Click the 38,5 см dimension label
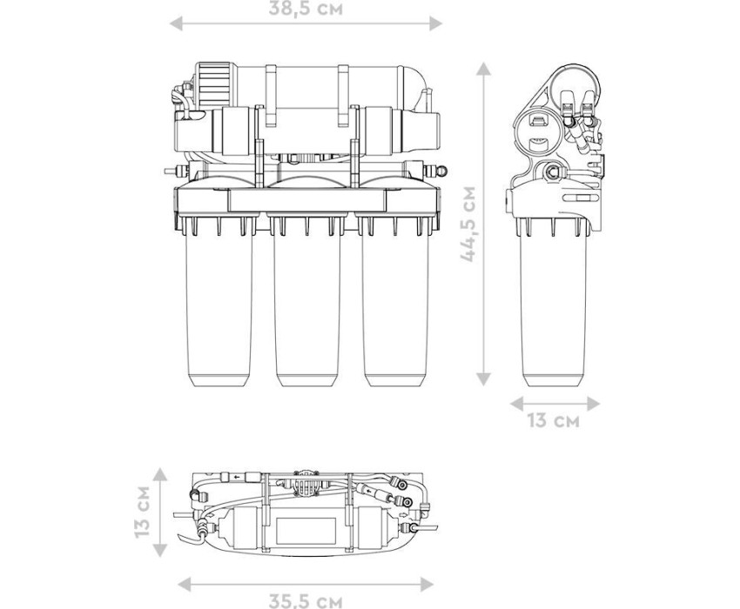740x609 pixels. [306, 8]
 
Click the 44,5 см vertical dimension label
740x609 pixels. [469, 224]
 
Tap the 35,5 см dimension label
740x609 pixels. [306, 601]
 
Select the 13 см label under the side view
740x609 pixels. [553, 420]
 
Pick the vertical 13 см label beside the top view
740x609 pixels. [142, 512]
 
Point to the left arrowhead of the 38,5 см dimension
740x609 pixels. [176, 23]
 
